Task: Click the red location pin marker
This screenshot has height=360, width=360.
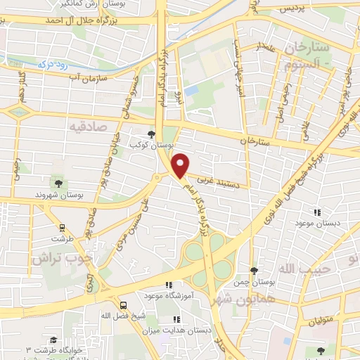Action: tap(181, 166)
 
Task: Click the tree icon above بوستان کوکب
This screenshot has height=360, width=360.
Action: tap(153, 134)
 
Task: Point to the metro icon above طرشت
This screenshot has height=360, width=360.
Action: tap(62, 227)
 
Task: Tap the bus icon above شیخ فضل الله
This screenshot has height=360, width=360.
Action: tap(124, 305)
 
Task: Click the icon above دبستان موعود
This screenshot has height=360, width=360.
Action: tap(316, 212)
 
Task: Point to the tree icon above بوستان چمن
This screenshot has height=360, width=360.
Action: tap(255, 271)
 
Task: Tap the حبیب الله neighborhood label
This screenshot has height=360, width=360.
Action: tap(299, 270)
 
